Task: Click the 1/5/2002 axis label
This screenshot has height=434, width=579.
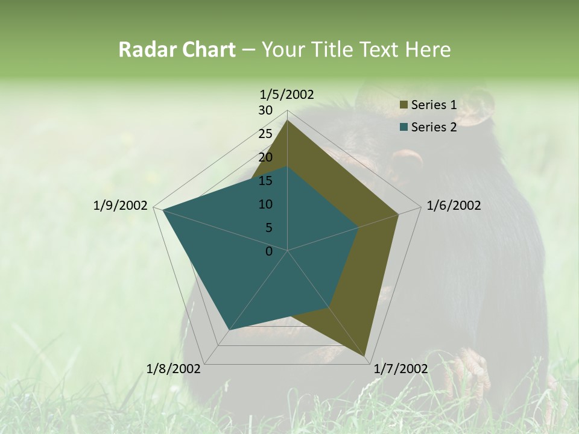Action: [x=287, y=94]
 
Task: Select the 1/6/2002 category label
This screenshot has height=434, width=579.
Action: [x=454, y=206]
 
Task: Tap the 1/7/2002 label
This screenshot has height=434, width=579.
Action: [x=400, y=368]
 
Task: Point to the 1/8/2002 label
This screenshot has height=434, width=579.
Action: [x=174, y=368]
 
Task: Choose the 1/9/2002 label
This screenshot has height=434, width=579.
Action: [x=121, y=206]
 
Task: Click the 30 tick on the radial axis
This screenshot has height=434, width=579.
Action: [x=265, y=110]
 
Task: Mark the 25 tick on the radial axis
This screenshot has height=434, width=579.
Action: [x=265, y=134]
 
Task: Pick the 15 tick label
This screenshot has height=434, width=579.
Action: [x=265, y=181]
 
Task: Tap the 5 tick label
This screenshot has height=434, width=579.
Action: [x=268, y=228]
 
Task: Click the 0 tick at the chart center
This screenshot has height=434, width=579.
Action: [x=269, y=251]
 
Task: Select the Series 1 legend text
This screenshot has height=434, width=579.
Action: [x=434, y=105]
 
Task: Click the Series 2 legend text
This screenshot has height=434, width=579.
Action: [x=434, y=127]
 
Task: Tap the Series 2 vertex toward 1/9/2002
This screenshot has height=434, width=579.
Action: [x=163, y=210]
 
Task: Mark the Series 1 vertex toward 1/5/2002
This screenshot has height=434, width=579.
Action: [x=288, y=121]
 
